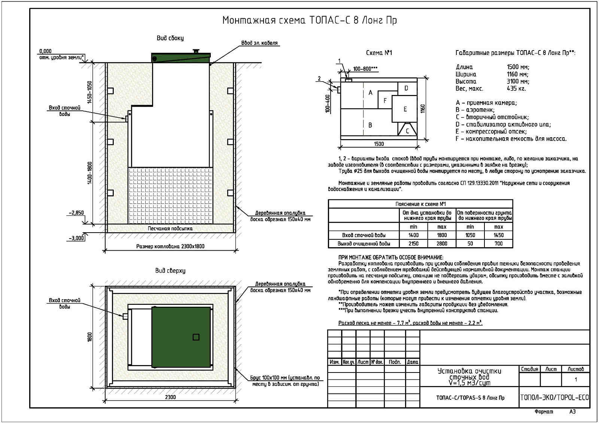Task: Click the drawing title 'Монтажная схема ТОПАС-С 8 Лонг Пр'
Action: [x=309, y=20]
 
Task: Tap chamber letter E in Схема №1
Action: [x=405, y=109]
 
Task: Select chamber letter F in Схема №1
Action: [x=385, y=101]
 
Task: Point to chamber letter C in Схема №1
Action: [x=407, y=131]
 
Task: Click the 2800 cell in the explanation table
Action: [x=442, y=243]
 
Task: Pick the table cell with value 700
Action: [x=498, y=243]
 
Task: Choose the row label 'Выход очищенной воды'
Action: [x=364, y=243]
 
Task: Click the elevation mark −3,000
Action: [x=76, y=238]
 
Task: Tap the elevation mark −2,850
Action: [x=76, y=213]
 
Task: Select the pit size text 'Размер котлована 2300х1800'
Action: [x=170, y=246]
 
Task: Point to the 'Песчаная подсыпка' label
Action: [x=170, y=228]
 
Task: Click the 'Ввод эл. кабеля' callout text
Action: [x=259, y=43]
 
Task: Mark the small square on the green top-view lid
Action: [x=196, y=337]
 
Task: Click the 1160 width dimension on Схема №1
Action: [x=423, y=109]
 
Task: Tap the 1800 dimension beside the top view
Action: [x=90, y=337]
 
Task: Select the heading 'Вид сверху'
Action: [x=170, y=270]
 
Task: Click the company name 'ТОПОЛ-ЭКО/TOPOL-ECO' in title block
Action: [x=554, y=397]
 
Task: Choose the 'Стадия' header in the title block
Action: [x=529, y=369]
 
